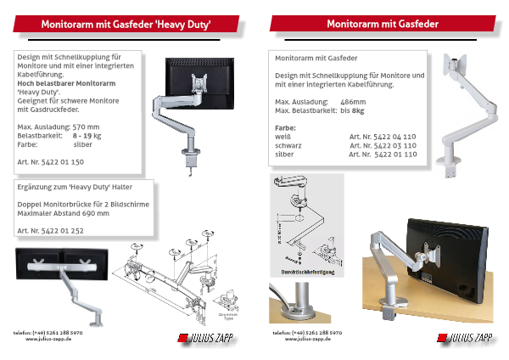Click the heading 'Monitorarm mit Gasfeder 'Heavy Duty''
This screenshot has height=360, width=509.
coord(126,25)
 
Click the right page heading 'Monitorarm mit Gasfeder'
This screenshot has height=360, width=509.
coord(382,25)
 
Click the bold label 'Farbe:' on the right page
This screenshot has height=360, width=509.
coord(286,127)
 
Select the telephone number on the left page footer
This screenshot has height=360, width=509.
coord(48,332)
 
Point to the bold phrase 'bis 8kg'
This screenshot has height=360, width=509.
coord(351,110)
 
